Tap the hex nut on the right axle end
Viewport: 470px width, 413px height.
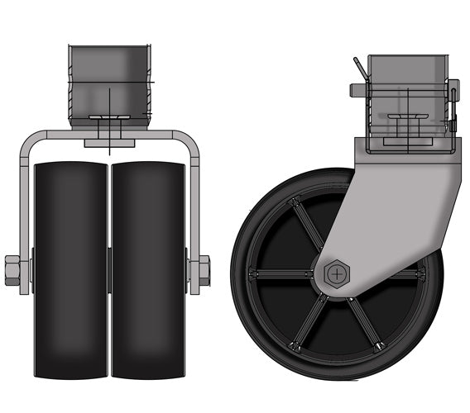coord(201,270)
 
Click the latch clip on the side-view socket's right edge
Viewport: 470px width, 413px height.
coord(453,103)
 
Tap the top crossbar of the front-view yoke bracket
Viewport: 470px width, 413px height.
coord(109,131)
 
